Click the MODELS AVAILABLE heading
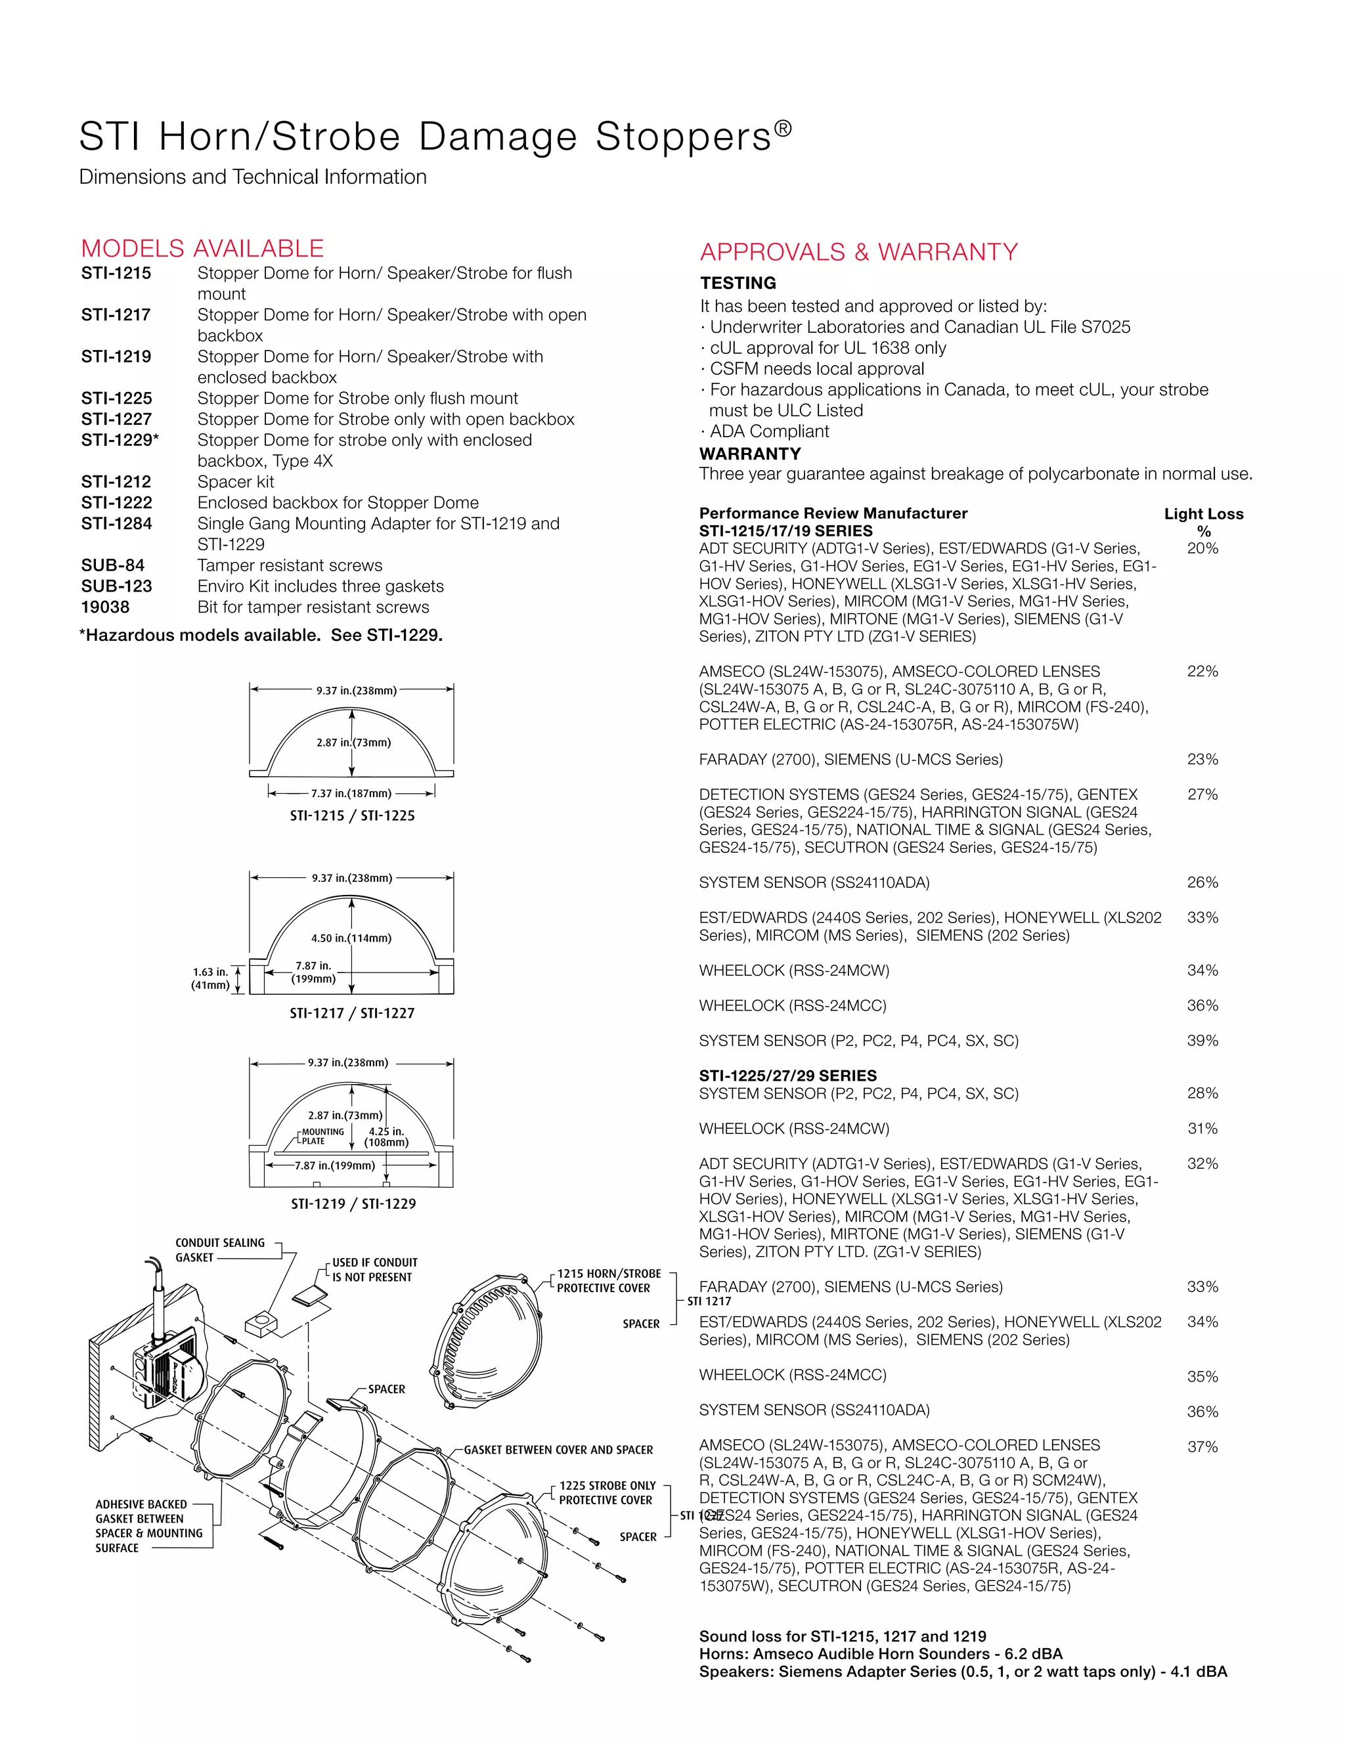202,249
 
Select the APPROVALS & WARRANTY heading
858,253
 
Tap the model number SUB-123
116,586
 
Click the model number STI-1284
116,523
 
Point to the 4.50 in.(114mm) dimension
351,938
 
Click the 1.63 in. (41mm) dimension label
210,978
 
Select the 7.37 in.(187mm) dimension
351,794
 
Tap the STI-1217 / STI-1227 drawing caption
352,1013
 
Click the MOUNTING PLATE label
322,1136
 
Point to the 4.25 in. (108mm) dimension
386,1137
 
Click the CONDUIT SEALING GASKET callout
220,1250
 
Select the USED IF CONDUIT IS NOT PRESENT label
374,1270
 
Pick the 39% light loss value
1202,1041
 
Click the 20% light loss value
1202,548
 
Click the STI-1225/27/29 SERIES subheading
788,1076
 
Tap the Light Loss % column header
1203,522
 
